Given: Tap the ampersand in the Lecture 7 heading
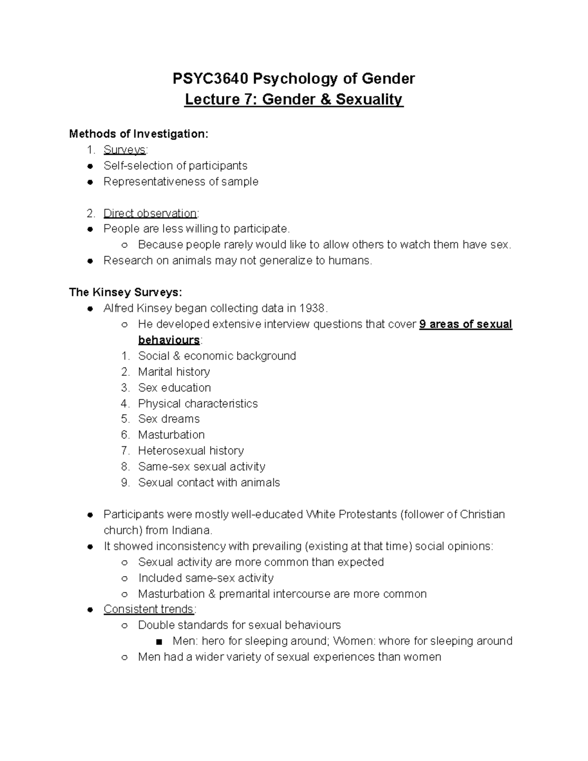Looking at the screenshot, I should [325, 99].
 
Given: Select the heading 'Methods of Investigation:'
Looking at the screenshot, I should [139, 134].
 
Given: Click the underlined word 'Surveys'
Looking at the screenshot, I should [124, 150].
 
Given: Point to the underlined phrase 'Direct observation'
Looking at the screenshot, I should [150, 213].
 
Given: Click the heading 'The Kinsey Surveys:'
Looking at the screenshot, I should [125, 293].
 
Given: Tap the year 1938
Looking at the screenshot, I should [312, 308].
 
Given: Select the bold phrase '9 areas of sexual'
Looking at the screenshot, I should [465, 324].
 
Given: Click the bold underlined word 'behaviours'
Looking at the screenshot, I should [169, 340].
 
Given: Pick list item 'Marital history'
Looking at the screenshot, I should [174, 372].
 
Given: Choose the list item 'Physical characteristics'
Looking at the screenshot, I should [197, 403].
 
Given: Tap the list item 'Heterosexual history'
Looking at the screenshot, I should [191, 451].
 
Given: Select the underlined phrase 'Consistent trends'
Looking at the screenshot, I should [149, 609].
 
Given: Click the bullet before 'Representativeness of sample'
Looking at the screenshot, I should [90, 182].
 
